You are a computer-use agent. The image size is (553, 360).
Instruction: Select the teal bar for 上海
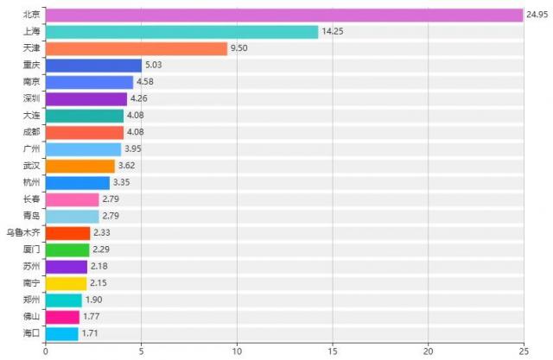(x=181, y=32)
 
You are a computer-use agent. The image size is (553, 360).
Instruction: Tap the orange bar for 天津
(x=136, y=48)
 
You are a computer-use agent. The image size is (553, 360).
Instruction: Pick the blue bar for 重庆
(x=93, y=66)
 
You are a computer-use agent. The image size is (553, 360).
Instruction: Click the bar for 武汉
(x=79, y=166)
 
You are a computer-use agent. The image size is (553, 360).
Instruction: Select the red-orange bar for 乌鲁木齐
(x=67, y=232)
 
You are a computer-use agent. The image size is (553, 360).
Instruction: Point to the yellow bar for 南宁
(x=66, y=283)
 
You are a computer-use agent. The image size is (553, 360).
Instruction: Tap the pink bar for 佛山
(x=62, y=317)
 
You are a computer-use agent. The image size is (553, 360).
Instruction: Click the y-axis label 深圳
(x=31, y=98)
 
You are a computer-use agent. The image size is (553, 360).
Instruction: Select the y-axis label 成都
(x=31, y=132)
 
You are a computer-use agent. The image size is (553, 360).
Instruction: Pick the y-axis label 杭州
(x=31, y=182)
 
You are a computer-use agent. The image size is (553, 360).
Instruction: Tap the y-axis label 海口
(x=31, y=333)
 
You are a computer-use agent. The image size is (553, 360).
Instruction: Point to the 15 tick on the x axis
(x=332, y=351)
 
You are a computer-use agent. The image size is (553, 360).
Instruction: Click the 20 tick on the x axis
(x=428, y=351)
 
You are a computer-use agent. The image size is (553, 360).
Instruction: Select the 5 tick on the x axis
(x=141, y=351)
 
